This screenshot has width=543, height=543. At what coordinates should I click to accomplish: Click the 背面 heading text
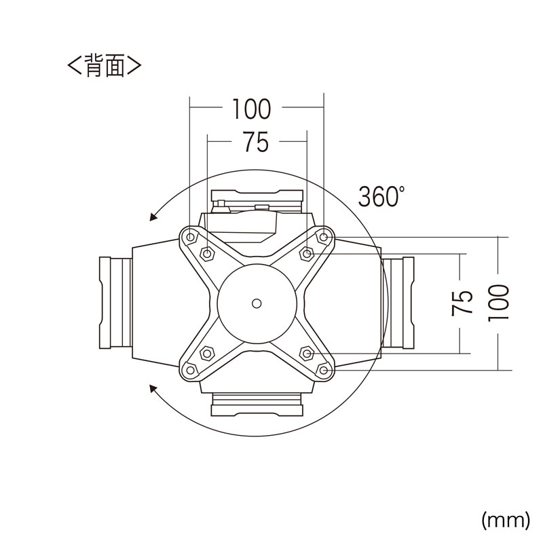(105, 64)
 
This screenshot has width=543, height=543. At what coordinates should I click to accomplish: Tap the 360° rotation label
(381, 196)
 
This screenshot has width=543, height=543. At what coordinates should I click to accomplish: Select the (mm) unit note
(506, 520)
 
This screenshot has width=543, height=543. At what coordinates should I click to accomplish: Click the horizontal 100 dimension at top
(251, 109)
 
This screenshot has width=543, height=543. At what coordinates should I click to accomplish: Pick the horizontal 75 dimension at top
(256, 142)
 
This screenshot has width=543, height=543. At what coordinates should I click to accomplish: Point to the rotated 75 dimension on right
(462, 303)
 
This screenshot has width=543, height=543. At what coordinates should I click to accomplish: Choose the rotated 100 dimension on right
(498, 303)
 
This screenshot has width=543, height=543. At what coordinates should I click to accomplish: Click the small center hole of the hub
(257, 303)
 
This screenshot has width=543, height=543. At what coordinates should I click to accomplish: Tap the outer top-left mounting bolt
(190, 237)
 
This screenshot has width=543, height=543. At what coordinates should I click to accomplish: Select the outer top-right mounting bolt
(324, 237)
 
